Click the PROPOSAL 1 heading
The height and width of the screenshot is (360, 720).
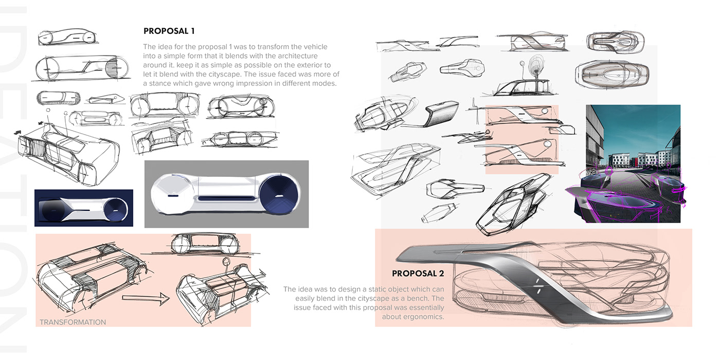(x=169, y=31)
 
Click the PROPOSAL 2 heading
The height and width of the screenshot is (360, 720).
(x=418, y=274)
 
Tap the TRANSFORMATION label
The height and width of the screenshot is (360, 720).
(x=73, y=322)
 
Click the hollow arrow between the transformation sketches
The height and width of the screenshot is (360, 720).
(x=146, y=299)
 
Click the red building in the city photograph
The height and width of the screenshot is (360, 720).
(x=634, y=160)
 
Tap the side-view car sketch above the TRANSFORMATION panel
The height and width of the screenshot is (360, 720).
(x=206, y=244)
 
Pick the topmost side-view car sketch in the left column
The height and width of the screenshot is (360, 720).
(x=67, y=37)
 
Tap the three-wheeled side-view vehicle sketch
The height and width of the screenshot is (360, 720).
(x=240, y=139)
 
